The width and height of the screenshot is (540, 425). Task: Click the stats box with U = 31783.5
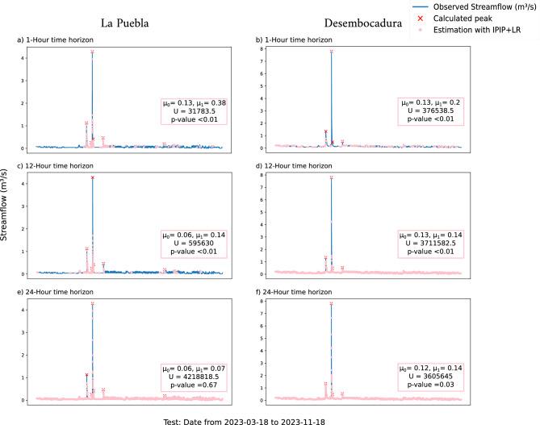(193, 110)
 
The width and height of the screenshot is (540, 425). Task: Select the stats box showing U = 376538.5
(431, 110)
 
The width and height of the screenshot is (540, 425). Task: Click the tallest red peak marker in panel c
(93, 177)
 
